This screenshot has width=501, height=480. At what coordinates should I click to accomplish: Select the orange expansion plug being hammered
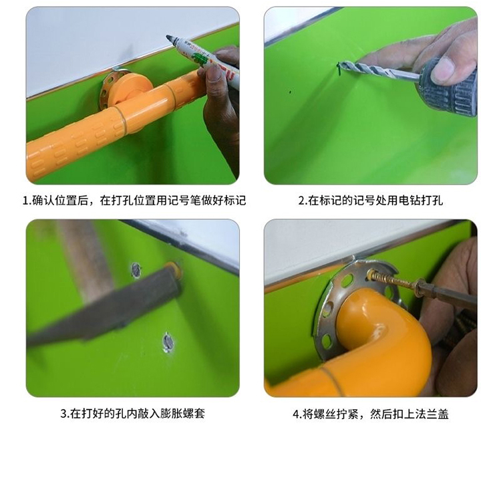tap(175, 270)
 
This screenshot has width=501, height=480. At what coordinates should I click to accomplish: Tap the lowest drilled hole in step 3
tap(168, 342)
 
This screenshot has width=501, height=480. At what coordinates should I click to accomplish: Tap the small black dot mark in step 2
tap(290, 92)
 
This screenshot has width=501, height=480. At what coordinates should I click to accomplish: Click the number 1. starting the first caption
tap(27, 201)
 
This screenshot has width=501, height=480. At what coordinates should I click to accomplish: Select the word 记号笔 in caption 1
tap(184, 201)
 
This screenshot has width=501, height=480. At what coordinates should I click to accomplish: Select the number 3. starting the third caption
tap(65, 414)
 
